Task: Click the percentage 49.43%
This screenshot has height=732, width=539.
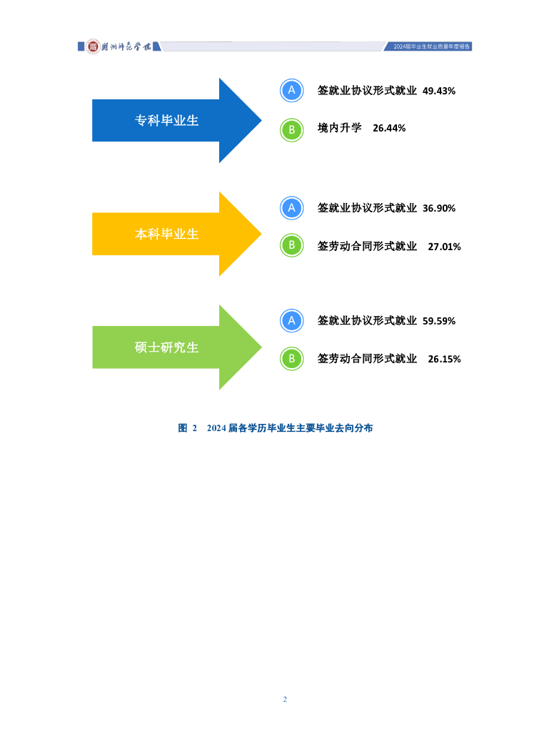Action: [439, 91]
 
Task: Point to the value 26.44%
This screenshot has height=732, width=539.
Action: [389, 128]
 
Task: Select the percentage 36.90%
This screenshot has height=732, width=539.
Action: [439, 208]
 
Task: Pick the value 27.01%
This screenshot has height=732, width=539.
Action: [444, 247]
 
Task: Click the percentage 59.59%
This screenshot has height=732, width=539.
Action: [439, 321]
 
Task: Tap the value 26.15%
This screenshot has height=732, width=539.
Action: [444, 359]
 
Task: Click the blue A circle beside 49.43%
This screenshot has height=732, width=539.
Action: [291, 90]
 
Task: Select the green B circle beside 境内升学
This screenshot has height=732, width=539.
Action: [291, 129]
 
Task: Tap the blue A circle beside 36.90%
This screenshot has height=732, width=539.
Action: [291, 207]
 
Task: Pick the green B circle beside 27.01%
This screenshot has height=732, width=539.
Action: [291, 246]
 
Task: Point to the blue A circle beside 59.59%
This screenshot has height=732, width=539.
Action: [291, 320]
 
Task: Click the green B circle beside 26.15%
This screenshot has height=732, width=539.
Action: [291, 359]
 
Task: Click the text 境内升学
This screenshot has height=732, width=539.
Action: [340, 128]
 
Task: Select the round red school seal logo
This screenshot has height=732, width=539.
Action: [93, 46]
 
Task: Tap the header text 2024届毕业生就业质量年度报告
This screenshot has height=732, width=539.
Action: [433, 46]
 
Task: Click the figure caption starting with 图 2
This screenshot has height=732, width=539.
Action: [276, 428]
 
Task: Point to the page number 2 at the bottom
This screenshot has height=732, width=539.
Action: [285, 699]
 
